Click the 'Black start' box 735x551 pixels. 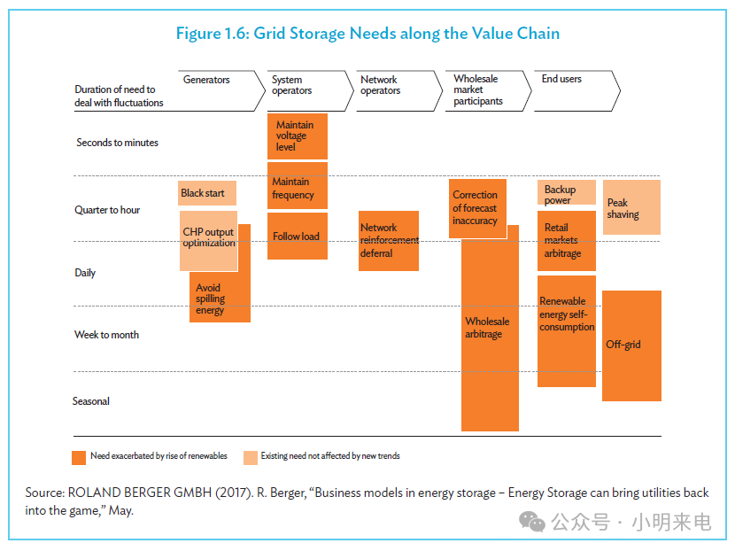point(206,193)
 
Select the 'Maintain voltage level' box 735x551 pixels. point(298,136)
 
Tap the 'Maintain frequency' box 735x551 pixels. point(298,186)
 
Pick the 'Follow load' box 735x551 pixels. point(298,236)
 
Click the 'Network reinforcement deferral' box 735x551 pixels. point(389,241)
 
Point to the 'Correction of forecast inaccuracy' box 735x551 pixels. point(477,208)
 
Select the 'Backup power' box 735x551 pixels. point(567,192)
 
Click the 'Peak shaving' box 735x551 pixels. point(631,207)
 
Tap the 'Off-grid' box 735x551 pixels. point(631,345)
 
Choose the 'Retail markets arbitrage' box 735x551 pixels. point(567,241)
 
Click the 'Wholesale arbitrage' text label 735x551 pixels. point(487,327)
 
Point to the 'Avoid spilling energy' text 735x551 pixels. point(210,299)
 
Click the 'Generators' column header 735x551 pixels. point(206,80)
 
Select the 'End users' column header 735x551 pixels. point(561,79)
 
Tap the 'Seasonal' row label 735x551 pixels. point(91,401)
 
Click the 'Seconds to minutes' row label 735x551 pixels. point(117,142)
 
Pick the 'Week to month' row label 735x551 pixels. point(106,334)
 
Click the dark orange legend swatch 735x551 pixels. point(79,458)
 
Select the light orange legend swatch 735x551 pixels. point(251,458)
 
